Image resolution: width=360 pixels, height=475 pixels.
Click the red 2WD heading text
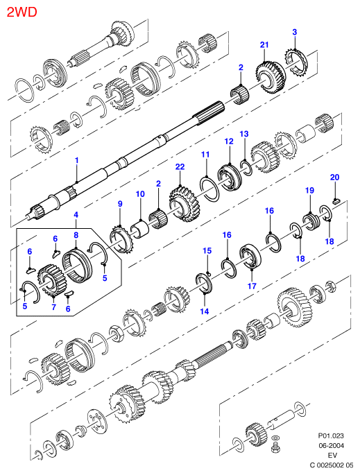click(x=22, y=12)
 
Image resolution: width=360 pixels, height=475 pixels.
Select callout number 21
click(x=264, y=45)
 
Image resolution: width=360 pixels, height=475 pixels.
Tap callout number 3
click(x=295, y=32)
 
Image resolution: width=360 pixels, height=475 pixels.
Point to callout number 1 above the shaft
click(x=77, y=160)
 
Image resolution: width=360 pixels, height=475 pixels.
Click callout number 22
click(x=180, y=166)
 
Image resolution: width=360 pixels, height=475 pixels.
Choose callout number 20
click(x=334, y=177)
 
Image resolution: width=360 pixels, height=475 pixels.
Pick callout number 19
click(x=309, y=190)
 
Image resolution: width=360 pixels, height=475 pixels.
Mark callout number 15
click(x=207, y=250)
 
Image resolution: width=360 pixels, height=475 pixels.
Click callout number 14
click(x=205, y=311)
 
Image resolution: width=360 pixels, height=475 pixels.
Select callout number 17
click(x=252, y=286)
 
